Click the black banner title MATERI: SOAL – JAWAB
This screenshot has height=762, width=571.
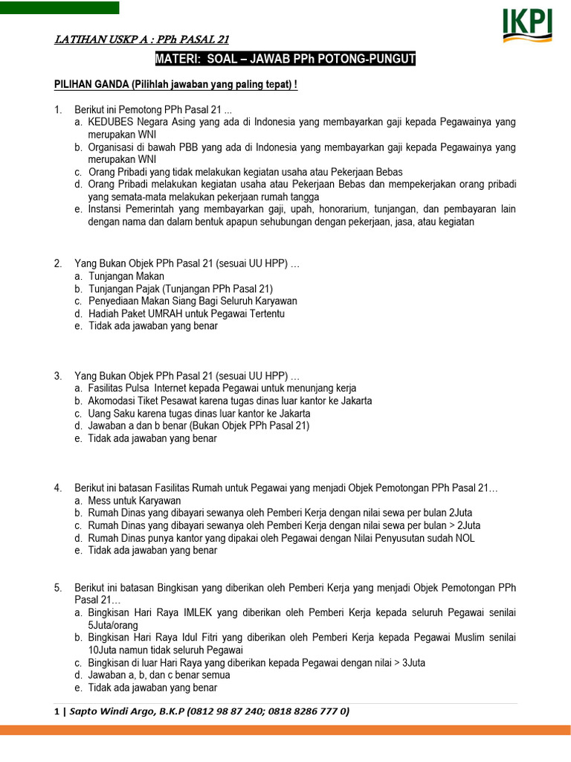[285, 60]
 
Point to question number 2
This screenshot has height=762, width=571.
[58, 264]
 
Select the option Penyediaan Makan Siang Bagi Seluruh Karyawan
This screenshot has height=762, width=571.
[193, 301]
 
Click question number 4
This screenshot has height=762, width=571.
[58, 488]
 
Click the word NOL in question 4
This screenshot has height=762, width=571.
[465, 538]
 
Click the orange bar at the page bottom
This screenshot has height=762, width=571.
[285, 731]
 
